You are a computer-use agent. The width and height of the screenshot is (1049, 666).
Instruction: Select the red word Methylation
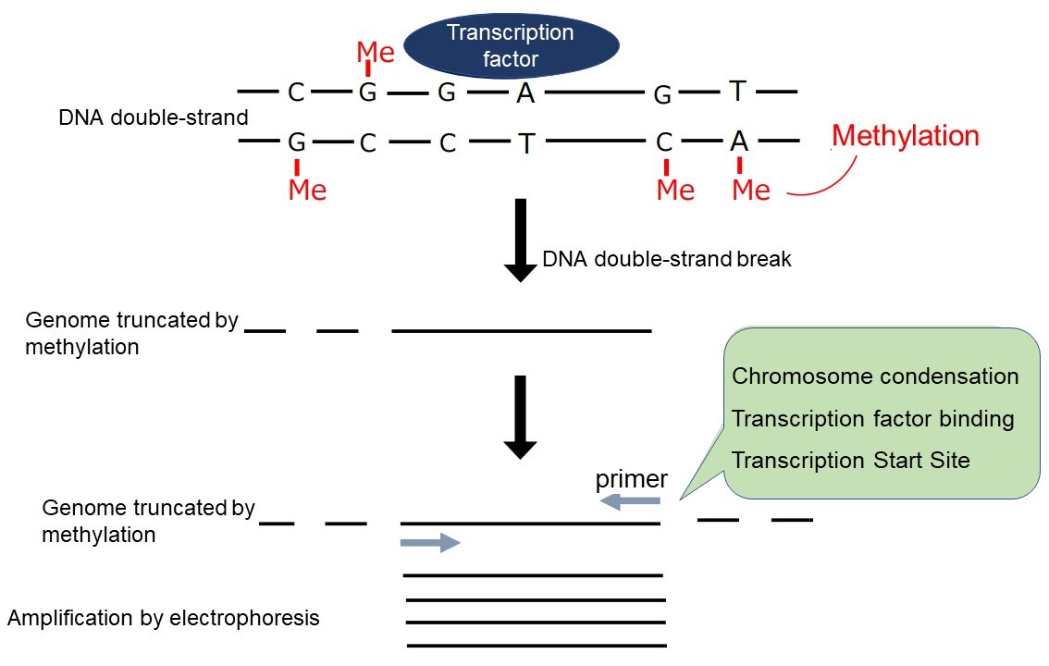coord(905,136)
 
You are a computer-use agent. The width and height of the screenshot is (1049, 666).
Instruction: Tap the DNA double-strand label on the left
coord(154,118)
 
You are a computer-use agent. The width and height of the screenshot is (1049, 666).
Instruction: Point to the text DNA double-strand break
coord(666,259)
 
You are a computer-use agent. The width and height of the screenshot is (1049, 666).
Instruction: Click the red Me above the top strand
coord(376,53)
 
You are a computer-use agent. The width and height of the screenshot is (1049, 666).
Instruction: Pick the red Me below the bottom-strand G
coord(307,190)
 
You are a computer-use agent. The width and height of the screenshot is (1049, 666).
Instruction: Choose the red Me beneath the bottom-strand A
coord(750,190)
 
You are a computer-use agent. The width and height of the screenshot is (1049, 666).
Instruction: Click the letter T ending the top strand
coord(737,91)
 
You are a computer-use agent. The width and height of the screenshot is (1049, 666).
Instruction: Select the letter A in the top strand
coord(525,92)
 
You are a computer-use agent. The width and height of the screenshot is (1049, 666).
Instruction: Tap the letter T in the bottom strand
coord(525,143)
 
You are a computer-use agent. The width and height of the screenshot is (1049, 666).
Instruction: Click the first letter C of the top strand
coord(296,92)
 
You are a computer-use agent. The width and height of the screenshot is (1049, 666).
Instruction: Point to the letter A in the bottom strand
coord(738,142)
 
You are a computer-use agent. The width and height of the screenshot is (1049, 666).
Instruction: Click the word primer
coord(631,480)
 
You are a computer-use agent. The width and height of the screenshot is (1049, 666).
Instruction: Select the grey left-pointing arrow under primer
coord(630,501)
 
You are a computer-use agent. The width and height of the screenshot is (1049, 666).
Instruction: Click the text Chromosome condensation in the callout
coord(874,377)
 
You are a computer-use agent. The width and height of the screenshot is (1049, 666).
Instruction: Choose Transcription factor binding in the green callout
coord(872,419)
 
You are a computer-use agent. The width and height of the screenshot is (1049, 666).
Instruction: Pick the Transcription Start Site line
coord(851,461)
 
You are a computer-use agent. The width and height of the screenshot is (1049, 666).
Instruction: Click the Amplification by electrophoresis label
coord(163,618)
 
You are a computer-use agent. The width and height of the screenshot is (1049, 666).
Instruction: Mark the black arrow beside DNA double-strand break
coord(520,240)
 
